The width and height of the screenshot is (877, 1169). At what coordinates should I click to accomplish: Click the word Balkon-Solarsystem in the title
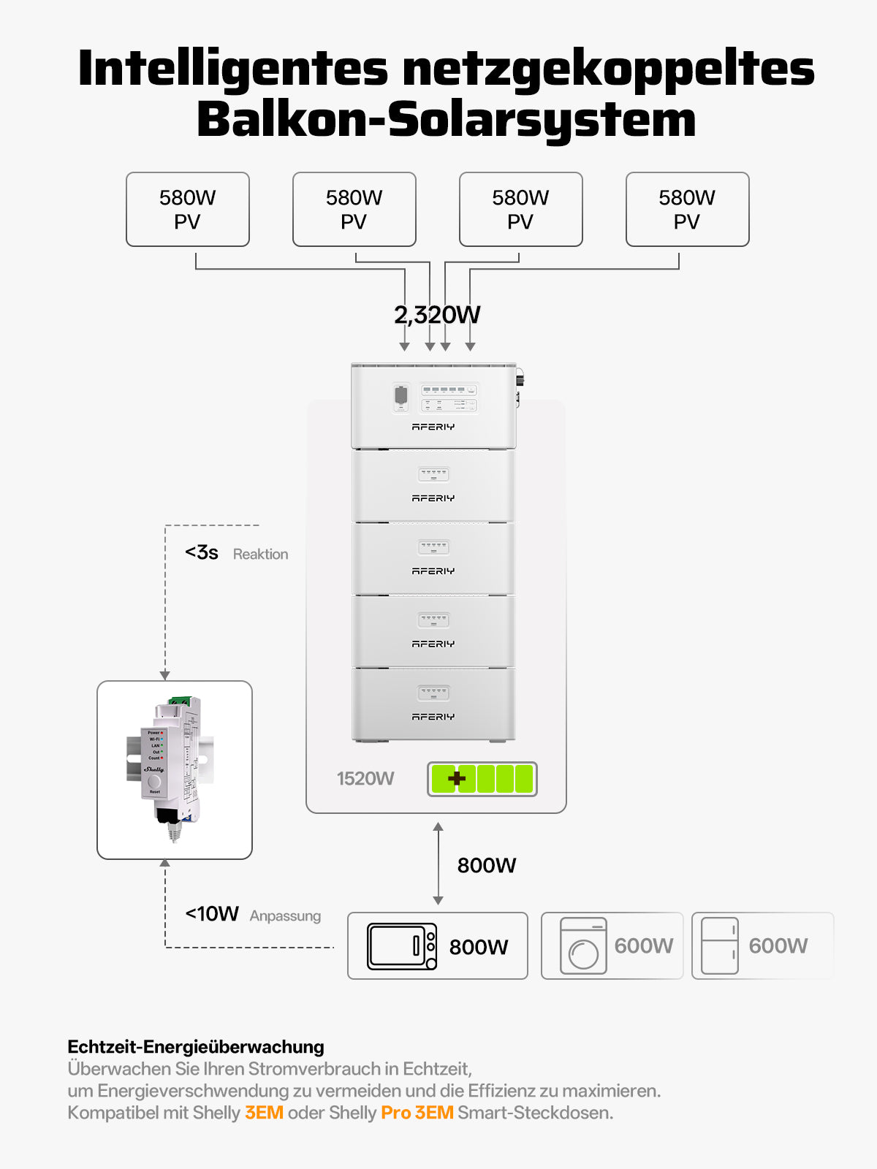pyautogui.click(x=446, y=120)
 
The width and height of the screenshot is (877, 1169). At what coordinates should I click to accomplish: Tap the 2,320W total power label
pyautogui.click(x=437, y=315)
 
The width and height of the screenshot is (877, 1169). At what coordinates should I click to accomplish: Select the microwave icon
pyautogui.click(x=402, y=947)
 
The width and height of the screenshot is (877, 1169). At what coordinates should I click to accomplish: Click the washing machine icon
pyautogui.click(x=583, y=946)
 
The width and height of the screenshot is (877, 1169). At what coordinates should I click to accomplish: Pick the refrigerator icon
pyautogui.click(x=719, y=946)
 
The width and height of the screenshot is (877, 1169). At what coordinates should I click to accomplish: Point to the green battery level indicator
pyautogui.click(x=482, y=779)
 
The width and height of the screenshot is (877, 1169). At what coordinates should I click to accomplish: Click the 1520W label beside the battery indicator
pyautogui.click(x=365, y=779)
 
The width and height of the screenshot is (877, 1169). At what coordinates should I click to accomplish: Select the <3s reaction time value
pyautogui.click(x=202, y=552)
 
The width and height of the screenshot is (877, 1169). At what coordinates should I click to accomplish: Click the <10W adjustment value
pyautogui.click(x=212, y=914)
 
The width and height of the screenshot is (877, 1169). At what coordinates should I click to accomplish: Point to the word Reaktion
pyautogui.click(x=260, y=555)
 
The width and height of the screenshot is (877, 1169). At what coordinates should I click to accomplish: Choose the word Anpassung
pyautogui.click(x=285, y=916)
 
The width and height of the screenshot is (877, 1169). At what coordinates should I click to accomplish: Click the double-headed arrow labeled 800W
pyautogui.click(x=438, y=864)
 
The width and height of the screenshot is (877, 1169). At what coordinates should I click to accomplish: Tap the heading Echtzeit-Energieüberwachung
pyautogui.click(x=196, y=1047)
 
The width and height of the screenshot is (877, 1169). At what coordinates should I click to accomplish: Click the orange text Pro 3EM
pyautogui.click(x=417, y=1113)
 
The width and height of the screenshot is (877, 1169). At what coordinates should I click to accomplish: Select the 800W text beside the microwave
pyautogui.click(x=479, y=947)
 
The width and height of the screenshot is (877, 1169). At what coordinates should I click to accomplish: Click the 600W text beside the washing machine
pyautogui.click(x=644, y=946)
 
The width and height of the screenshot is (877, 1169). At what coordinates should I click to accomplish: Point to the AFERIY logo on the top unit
pyautogui.click(x=433, y=427)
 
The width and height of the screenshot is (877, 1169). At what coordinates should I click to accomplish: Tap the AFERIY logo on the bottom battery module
pyautogui.click(x=433, y=717)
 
